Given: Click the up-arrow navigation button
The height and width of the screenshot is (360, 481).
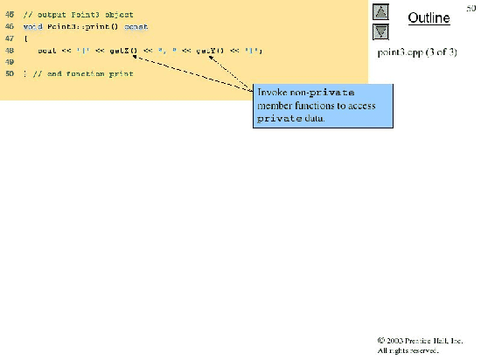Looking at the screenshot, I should (x=380, y=12).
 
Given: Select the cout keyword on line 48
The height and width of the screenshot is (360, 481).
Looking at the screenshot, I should (x=47, y=52).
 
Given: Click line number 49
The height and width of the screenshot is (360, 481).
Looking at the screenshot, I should (x=10, y=63).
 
